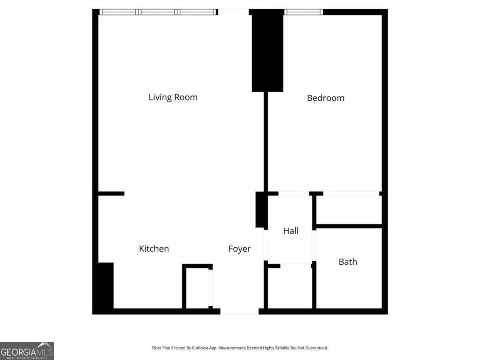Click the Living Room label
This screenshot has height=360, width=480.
point(173,97)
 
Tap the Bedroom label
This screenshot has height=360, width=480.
point(325,98)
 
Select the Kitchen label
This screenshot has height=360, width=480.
point(154,249)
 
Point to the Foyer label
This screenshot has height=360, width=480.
point(239,249)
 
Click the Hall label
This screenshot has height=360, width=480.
point(291,231)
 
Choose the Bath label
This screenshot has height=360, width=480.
point(348,262)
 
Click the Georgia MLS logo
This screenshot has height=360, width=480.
point(27,351)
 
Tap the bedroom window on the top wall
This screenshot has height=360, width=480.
point(303,12)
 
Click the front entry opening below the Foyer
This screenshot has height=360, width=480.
point(240,311)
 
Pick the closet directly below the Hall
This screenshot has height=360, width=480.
point(290,287)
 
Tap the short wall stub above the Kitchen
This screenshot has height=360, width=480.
point(111,194)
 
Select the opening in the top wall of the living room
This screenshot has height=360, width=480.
point(234,12)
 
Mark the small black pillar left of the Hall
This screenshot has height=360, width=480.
point(260,210)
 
